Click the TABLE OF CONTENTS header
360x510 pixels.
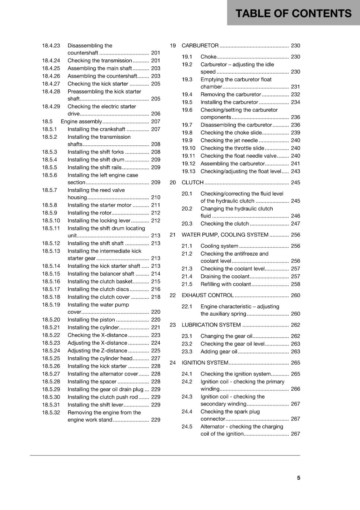coord(293,13)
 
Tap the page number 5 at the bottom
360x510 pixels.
coord(299,478)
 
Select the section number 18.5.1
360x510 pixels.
coord(49,129)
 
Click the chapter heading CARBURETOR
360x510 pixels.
coord(200,46)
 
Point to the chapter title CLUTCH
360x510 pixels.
coord(192,182)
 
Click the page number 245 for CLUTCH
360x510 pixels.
coord(295,182)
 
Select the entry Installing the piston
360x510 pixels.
coord(91,319)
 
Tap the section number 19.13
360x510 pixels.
coord(188,171)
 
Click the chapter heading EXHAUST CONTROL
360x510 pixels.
coord(207,295)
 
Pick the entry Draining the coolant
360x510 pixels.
coord(225,276)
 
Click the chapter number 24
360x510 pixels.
coord(173,363)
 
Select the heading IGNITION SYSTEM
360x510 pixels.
coord(205,363)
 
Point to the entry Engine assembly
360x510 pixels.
coord(81,121)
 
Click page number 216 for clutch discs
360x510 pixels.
coord(155,289)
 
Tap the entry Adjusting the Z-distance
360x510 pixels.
coord(97,351)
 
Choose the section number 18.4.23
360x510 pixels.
coord(51,46)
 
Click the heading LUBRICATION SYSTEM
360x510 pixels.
coord(211,325)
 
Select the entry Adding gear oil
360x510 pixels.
coord(219,352)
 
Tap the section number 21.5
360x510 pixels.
coord(187,284)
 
